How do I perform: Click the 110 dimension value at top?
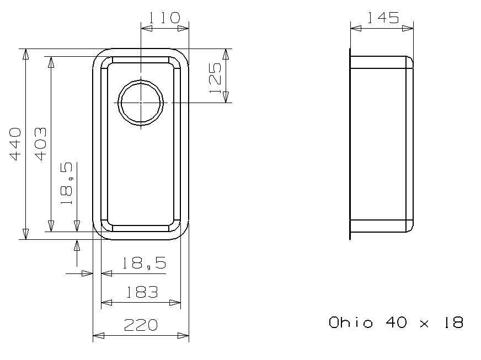[164, 18]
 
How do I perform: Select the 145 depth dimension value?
[383, 18]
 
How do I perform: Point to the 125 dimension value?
[215, 78]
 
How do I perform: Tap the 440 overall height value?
[15, 144]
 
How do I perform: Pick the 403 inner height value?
[40, 144]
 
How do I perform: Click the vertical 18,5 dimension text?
[67, 184]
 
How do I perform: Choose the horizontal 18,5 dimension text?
[144, 263]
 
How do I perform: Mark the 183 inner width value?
[142, 292]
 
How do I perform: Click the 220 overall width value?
[141, 325]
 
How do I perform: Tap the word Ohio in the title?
[351, 323]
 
